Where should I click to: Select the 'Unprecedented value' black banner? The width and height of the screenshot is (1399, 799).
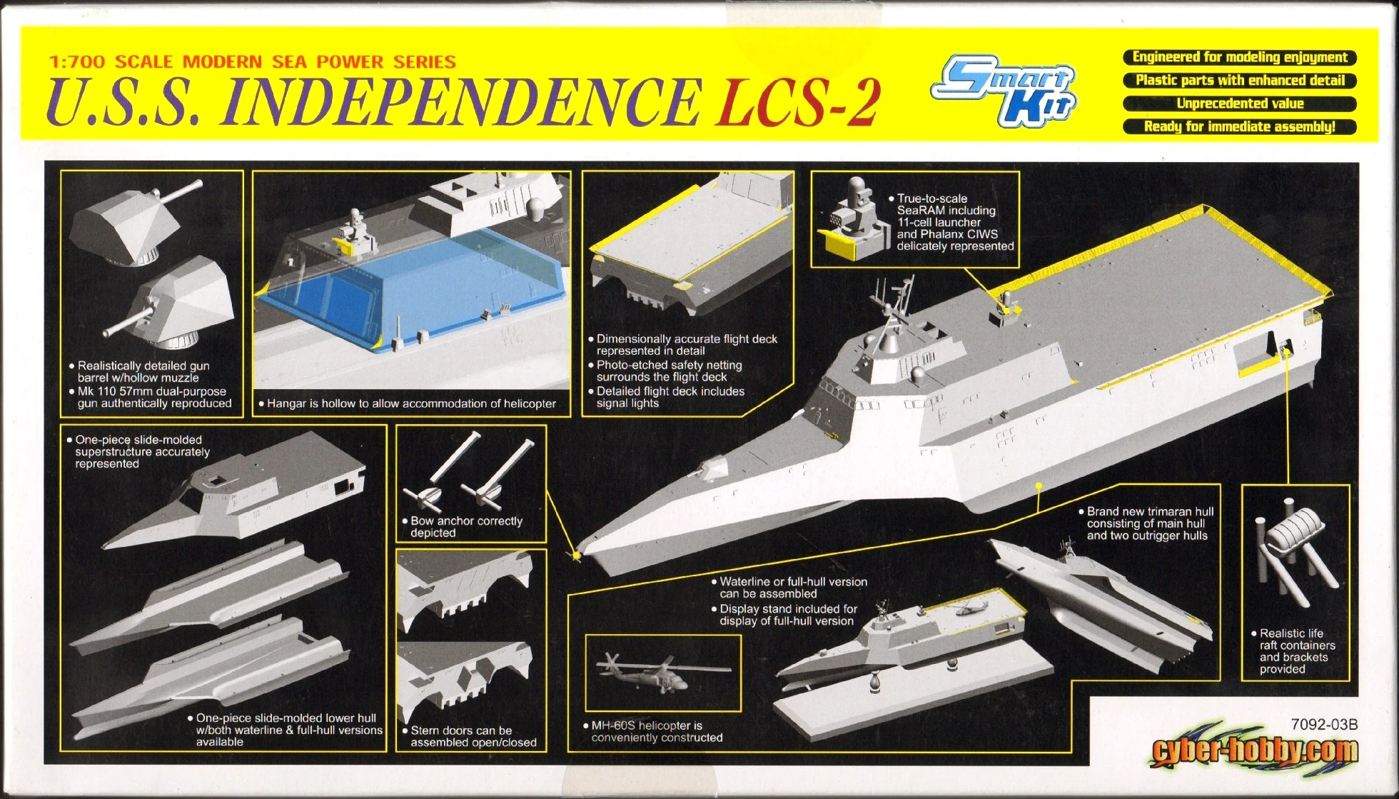pos(1240,104)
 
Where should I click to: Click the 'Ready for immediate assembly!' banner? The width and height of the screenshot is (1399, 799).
pos(1240,127)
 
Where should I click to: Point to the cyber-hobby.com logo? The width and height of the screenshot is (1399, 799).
pos(1254,751)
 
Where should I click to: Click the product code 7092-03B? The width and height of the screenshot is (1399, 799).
pos(1324,725)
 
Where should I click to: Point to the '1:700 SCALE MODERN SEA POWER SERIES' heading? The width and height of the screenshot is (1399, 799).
pos(252,62)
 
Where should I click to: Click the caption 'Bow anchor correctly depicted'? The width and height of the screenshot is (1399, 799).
pos(466,527)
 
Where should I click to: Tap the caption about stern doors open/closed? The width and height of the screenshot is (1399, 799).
pos(473,736)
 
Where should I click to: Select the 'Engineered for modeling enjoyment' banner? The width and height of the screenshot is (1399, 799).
pos(1240,57)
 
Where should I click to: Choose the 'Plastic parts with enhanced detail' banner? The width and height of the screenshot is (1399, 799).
pos(1240,80)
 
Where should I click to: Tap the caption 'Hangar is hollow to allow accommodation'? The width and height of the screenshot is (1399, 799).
pos(411,403)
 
